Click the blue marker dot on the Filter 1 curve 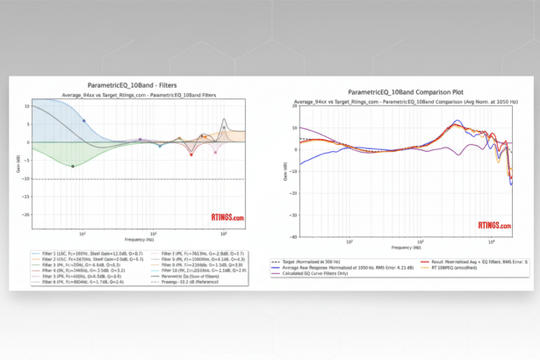84,120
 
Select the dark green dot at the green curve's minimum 73,165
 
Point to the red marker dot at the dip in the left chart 191,154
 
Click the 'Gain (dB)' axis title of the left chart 16,160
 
